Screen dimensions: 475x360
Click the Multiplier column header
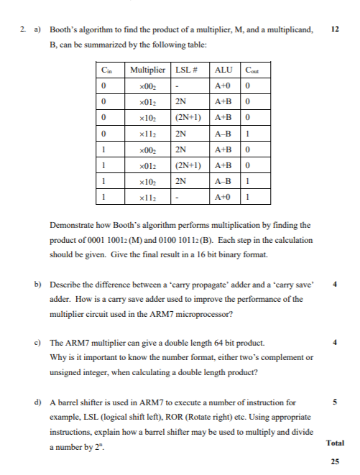point(146,70)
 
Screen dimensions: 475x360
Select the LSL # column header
point(186,70)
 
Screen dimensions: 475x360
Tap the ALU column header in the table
point(224,70)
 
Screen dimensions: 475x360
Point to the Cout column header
point(252,70)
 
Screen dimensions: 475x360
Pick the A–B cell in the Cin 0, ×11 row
point(224,133)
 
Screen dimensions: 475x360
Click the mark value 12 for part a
point(333,29)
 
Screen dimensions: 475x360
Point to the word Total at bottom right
point(334,443)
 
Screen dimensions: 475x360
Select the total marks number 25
point(334,461)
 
